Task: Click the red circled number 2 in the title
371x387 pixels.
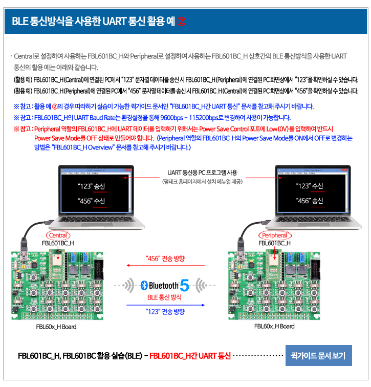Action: click(181, 21)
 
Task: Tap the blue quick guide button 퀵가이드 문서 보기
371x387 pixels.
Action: click(318, 355)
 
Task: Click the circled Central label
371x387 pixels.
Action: click(58, 235)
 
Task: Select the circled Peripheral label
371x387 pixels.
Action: click(275, 235)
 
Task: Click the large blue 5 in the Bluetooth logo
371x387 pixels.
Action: click(185, 285)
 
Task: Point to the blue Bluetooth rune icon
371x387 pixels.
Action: click(144, 285)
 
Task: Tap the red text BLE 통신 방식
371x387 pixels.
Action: click(164, 297)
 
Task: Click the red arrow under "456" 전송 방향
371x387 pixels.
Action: click(165, 265)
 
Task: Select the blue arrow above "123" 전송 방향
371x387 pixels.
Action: click(165, 305)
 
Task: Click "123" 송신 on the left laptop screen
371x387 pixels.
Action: click(92, 186)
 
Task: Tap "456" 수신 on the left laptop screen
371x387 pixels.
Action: click(92, 201)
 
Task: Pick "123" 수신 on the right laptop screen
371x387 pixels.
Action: click(310, 186)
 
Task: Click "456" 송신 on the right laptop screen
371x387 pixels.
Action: click(310, 201)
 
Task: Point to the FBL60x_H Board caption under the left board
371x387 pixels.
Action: click(56, 327)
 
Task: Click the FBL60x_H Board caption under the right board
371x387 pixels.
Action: click(274, 326)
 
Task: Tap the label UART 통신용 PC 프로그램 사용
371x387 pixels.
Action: click(202, 173)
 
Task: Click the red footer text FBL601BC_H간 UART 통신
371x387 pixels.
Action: click(190, 356)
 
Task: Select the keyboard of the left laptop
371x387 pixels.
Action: click(97, 219)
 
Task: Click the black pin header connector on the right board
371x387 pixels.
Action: click(315, 269)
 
